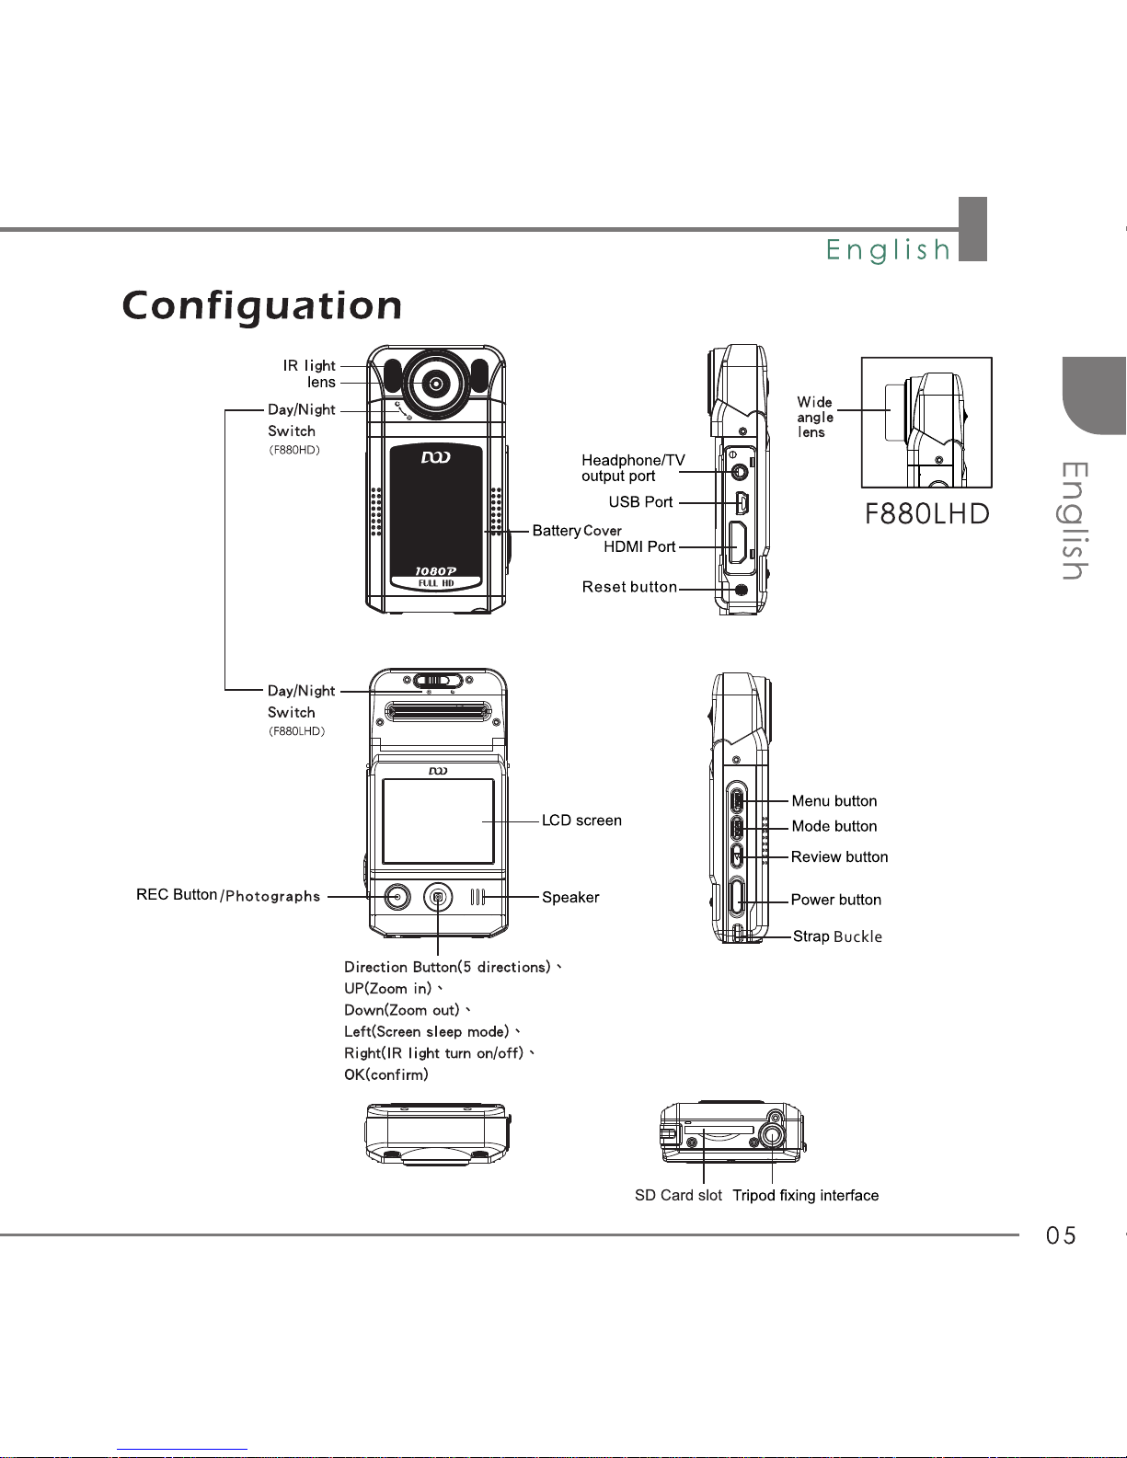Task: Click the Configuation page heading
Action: pos(261,306)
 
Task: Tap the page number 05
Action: pos(1061,1235)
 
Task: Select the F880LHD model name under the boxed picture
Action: pos(926,514)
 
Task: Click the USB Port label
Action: pos(640,502)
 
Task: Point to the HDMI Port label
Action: pos(639,546)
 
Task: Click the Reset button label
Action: pos(629,587)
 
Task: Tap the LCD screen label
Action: pos(581,820)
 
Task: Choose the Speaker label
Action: pos(570,897)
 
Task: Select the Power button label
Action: pos(836,900)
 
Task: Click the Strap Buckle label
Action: pos(837,936)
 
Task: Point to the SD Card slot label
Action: pos(678,1195)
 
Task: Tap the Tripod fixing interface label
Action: pos(805,1195)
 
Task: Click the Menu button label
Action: pos(834,801)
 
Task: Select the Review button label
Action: pos(839,856)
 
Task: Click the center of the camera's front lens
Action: pos(436,384)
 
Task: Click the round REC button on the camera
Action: pos(397,897)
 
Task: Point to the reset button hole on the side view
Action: pos(742,590)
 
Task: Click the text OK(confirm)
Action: pos(385,1074)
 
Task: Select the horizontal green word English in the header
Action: pos(888,249)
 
